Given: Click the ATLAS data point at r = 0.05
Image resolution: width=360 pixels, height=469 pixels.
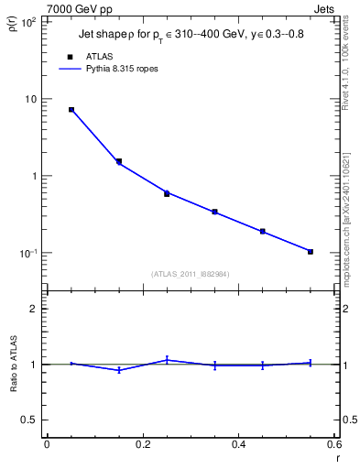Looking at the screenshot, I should pyautogui.click(x=71, y=109).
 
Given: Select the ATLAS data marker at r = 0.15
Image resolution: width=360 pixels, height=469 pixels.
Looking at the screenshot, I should pyautogui.click(x=119, y=161).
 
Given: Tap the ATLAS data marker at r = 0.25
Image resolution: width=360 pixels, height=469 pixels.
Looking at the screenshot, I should pyautogui.click(x=167, y=193).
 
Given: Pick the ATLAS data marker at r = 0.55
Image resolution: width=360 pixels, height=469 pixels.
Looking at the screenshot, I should pyautogui.click(x=311, y=251).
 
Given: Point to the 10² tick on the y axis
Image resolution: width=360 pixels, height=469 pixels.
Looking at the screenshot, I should pyautogui.click(x=28, y=21).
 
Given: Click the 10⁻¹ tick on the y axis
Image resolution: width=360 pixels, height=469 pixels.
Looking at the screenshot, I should pyautogui.click(x=28, y=253).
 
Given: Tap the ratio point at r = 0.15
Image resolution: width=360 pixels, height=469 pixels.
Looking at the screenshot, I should pyautogui.click(x=119, y=370).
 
